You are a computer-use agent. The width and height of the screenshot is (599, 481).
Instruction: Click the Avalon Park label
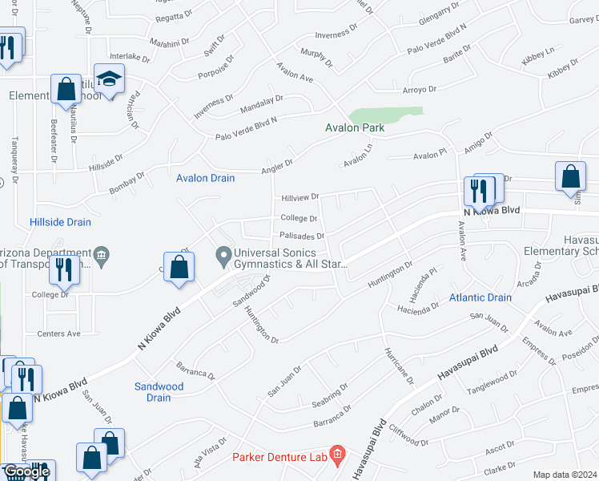point(354,127)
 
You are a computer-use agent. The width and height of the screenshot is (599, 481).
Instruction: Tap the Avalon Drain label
point(206,178)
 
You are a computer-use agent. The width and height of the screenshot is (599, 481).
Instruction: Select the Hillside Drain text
point(60,222)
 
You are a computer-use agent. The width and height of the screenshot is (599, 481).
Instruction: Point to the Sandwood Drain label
point(159,392)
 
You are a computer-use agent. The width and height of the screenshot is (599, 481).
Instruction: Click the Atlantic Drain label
point(480,297)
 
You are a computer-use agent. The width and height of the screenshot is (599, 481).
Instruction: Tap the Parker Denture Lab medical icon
point(337,457)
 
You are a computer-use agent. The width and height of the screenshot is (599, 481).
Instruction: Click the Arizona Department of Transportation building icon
point(101,257)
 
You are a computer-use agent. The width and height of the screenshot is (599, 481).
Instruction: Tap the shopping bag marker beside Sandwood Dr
point(179,268)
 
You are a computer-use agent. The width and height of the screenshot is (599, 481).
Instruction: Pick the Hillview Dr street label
point(299,196)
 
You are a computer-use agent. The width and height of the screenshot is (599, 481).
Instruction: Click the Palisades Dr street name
point(302,236)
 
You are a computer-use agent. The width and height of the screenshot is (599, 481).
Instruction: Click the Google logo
point(26,471)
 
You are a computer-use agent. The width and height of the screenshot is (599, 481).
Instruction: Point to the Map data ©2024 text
point(565,475)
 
